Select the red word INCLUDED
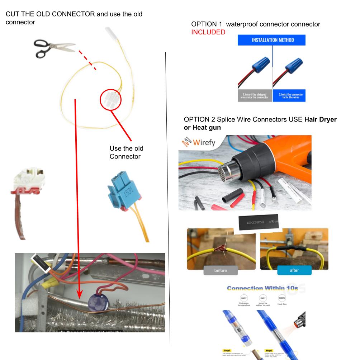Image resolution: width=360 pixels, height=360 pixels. coord(208,32)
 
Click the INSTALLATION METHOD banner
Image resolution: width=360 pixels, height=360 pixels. coord(271,40)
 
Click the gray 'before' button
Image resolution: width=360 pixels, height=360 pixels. coord(221,270)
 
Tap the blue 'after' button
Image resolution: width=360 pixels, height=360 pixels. coord(294,270)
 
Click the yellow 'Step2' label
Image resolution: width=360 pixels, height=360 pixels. coord(270,351)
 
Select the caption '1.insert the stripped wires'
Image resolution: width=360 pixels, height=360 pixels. coord(255,96)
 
